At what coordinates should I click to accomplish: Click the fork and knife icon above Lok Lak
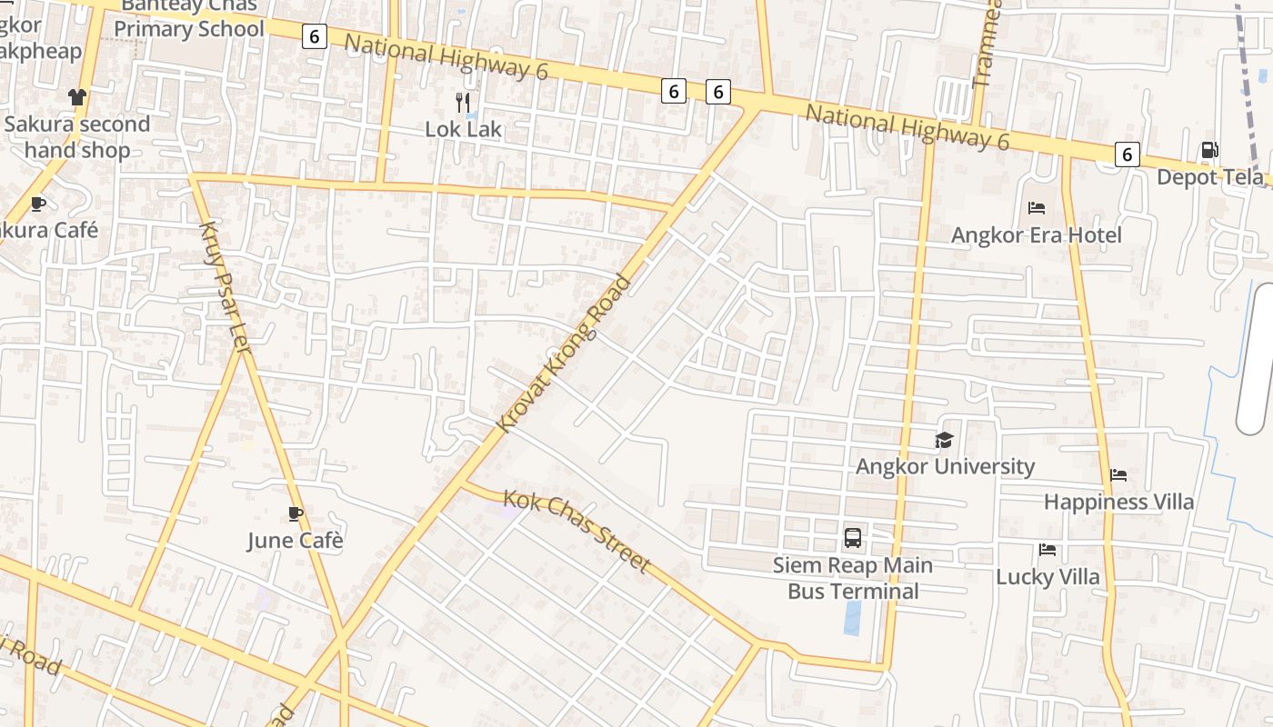(x=463, y=102)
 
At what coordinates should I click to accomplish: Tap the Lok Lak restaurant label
(x=463, y=129)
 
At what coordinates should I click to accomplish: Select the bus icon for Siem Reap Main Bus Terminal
(x=853, y=537)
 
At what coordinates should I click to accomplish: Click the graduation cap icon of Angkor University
(x=945, y=441)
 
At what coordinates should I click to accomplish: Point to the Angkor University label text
(x=945, y=467)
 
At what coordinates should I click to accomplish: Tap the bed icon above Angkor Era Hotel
(x=1036, y=208)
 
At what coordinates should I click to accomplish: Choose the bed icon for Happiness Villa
(x=1118, y=474)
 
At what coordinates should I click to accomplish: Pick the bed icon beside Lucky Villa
(x=1047, y=550)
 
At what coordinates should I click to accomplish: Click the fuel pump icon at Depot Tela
(x=1210, y=150)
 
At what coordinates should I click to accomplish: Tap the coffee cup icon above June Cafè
(x=295, y=513)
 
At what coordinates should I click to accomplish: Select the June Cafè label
(x=295, y=541)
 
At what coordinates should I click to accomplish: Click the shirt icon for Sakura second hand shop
(x=76, y=97)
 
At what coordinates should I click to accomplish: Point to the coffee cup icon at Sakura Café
(x=37, y=204)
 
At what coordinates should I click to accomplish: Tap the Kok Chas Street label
(x=576, y=532)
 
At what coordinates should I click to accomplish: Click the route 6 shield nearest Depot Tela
(x=1127, y=154)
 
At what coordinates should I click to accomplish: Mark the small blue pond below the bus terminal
(x=852, y=617)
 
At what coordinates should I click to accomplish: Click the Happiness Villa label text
(x=1118, y=502)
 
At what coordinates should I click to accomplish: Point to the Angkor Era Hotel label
(x=1036, y=235)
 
